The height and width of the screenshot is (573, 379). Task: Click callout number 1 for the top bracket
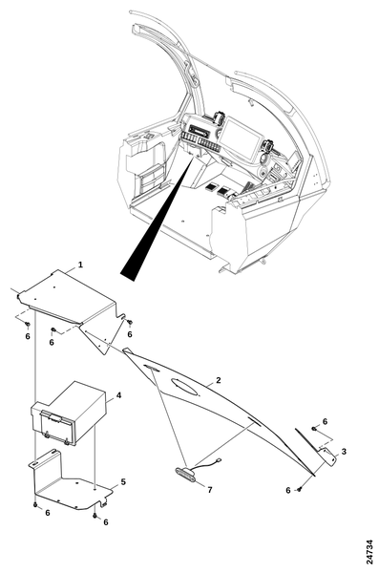click(80, 265)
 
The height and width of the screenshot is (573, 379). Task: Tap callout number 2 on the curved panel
click(219, 380)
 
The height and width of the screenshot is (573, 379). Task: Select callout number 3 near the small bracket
click(344, 452)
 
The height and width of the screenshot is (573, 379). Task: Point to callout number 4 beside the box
click(118, 395)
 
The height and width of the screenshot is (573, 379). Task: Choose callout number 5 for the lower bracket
click(123, 482)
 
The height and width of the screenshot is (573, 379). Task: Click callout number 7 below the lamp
click(210, 490)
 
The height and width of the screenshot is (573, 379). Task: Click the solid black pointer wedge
click(158, 220)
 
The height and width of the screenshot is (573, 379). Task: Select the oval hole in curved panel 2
click(185, 386)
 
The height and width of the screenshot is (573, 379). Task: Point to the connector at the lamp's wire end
click(220, 460)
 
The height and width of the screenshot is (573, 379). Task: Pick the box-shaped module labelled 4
click(69, 413)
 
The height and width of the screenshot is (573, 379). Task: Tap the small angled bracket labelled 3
click(327, 456)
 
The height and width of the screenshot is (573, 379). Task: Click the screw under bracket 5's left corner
click(35, 504)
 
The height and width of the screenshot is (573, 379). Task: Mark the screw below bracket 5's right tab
click(95, 516)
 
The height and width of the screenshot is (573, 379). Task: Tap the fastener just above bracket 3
click(314, 428)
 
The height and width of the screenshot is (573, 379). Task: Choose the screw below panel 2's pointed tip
click(300, 489)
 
